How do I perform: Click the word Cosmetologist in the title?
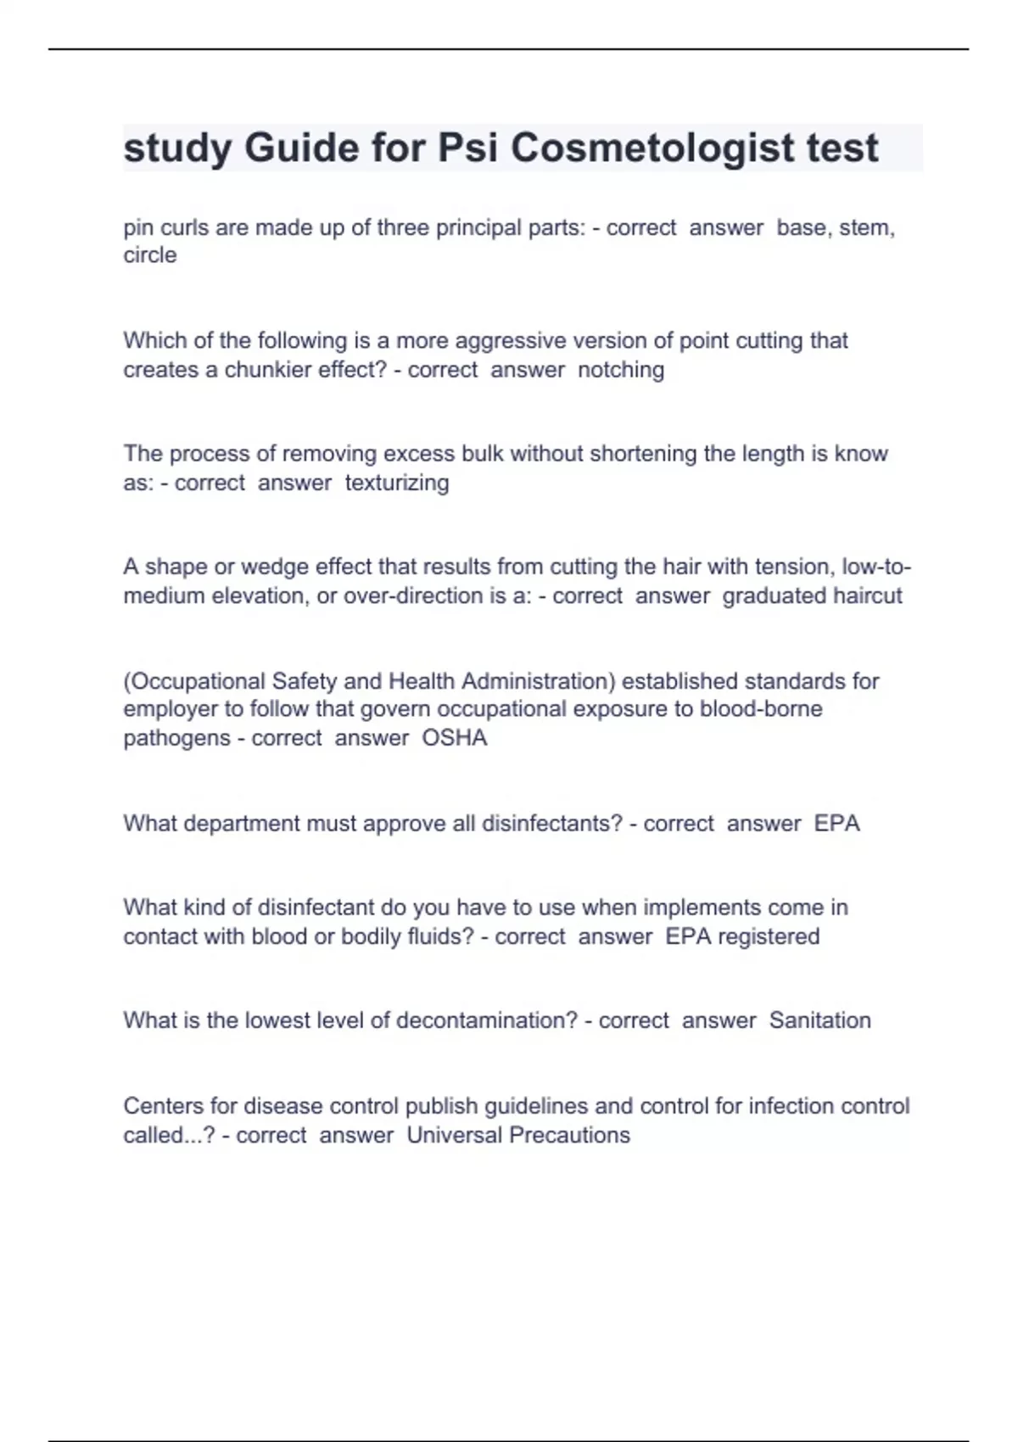[x=652, y=148]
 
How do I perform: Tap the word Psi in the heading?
[x=468, y=148]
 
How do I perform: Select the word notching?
[x=621, y=370]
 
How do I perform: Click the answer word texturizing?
[x=397, y=483]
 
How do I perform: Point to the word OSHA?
[x=455, y=738]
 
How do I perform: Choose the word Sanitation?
[x=819, y=1020]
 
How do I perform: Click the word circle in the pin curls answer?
[x=150, y=255]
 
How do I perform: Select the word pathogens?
[x=176, y=738]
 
